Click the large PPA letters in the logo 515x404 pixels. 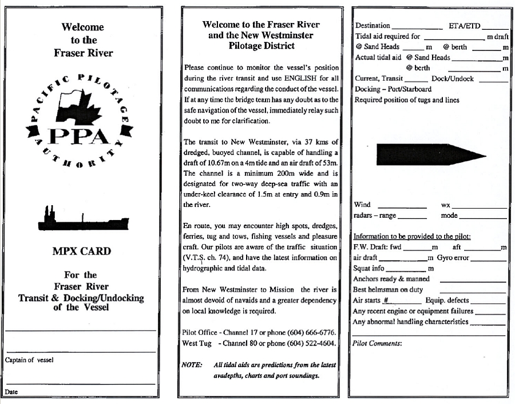point(80,136)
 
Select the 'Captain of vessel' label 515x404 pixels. point(29,360)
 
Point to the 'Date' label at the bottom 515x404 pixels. point(11,392)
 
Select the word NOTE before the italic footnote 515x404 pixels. point(192,365)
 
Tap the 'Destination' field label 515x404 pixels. point(373,26)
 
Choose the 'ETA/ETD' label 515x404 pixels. point(465,26)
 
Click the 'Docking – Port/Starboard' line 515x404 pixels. point(393,89)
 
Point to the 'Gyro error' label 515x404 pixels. point(453,258)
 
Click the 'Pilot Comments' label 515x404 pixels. point(377,343)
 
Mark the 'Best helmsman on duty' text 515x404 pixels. point(388,289)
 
